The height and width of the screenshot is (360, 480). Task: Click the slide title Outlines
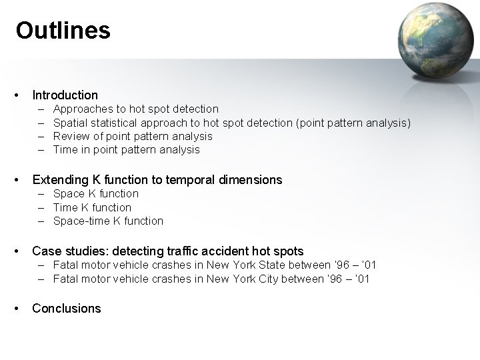click(63, 31)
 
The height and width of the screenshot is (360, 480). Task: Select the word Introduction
click(65, 95)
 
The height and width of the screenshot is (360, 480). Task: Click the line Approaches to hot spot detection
click(135, 109)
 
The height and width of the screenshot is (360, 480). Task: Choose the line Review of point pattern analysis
click(133, 136)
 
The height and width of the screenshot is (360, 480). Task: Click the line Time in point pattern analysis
click(126, 150)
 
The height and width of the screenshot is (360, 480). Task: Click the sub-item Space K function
click(96, 194)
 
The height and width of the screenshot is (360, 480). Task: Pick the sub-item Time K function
click(92, 207)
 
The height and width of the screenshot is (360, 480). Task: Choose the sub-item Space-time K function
click(108, 221)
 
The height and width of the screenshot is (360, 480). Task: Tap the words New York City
click(243, 279)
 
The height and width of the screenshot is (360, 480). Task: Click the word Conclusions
click(67, 309)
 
